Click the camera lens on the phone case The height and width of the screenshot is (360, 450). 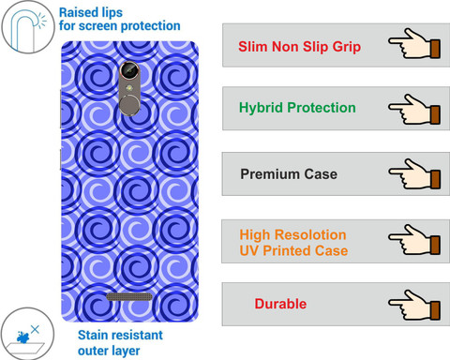coord(129,70)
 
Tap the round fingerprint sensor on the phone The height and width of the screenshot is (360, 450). coord(129,105)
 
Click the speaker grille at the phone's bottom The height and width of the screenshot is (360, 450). coord(129,296)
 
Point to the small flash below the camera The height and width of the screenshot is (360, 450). coord(128,88)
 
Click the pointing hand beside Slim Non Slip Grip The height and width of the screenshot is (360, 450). coord(414,43)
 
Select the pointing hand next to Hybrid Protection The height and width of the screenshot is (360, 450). coord(414,110)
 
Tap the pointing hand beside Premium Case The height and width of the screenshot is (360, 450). coord(414,173)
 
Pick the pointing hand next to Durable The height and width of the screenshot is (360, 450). coord(414,305)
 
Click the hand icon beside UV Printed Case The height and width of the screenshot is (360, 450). coord(414,239)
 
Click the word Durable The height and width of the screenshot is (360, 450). coord(280,304)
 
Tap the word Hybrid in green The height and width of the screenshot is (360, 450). coord(261,108)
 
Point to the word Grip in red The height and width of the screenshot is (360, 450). coord(347,47)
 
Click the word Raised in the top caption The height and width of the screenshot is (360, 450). coord(78,12)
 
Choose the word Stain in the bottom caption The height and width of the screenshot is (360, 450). coord(93,335)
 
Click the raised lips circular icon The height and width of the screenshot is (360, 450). coord(28,27)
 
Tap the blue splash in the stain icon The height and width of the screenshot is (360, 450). coord(23,337)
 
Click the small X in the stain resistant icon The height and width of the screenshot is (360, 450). coord(35,329)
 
